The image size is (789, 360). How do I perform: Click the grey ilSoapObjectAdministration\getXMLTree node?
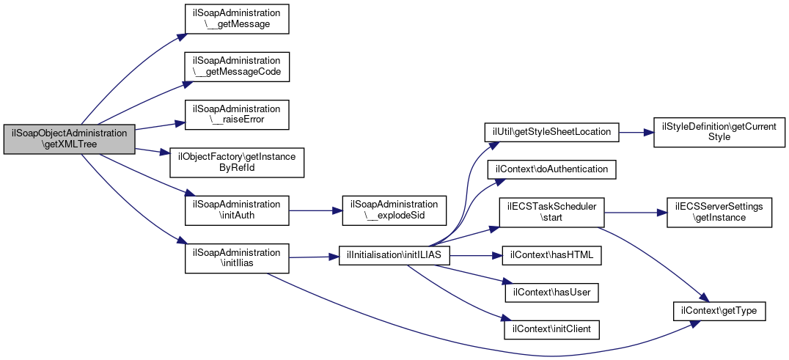(70, 139)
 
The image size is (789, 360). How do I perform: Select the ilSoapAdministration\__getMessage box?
(237, 19)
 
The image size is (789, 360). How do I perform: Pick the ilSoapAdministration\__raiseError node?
(237, 115)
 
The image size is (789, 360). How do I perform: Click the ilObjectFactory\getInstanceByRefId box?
(237, 162)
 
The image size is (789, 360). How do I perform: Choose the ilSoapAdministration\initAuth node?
(237, 210)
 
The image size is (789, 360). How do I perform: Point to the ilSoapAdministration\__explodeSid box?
(394, 210)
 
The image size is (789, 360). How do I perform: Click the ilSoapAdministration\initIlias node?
(237, 258)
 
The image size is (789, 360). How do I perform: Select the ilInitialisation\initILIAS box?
(394, 255)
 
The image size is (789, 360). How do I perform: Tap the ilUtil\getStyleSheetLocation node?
(551, 132)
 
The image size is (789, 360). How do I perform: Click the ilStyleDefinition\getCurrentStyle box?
(719, 132)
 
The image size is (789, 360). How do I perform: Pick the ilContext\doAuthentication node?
(551, 169)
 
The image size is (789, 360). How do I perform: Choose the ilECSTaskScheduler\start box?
(551, 212)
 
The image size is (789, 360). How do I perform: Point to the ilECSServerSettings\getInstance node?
(719, 212)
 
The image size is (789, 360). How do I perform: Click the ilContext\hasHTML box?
(551, 255)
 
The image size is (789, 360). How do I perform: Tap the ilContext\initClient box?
(551, 330)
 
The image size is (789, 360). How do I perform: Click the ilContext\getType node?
(719, 312)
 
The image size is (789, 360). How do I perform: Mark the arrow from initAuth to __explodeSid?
(315, 210)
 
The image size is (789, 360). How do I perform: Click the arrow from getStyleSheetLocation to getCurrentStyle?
(636, 132)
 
